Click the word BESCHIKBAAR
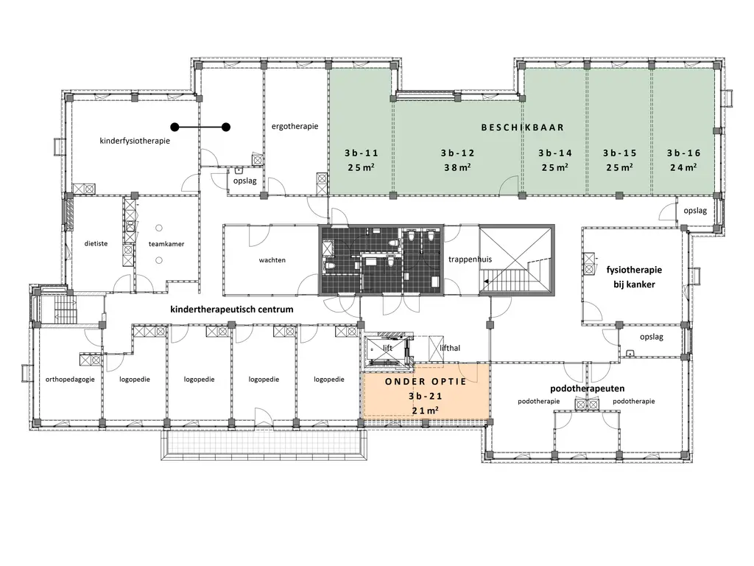coord(522,127)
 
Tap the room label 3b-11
coord(361,153)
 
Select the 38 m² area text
coord(457,167)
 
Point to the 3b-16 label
coord(683,153)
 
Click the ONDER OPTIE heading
coord(426,382)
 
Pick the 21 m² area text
coord(425,410)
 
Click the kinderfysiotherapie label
coord(135,141)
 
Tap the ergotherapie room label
coord(295,127)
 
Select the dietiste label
coord(96,243)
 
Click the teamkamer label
coord(166,244)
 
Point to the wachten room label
coord(272,260)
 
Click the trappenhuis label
coord(471,259)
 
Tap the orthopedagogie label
coord(70,380)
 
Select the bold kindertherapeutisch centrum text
coord(232,310)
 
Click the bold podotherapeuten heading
coord(587,388)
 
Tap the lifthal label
coord(450,348)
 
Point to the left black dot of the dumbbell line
coord(175,127)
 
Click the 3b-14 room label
coord(555,153)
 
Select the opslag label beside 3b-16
coord(695,211)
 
